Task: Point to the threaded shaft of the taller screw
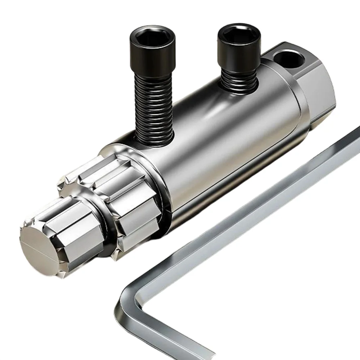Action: coord(154,108)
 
